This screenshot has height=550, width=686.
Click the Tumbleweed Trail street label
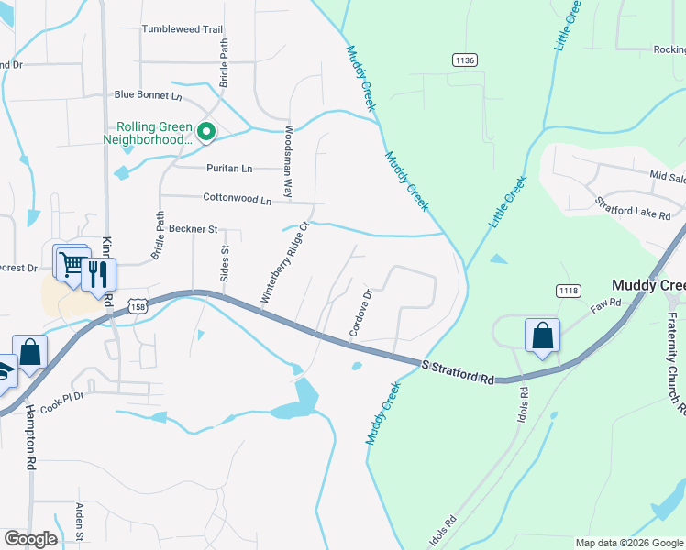(183, 29)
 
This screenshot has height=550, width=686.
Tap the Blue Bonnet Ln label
(149, 95)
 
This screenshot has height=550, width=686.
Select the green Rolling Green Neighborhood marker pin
(206, 134)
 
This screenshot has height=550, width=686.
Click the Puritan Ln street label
(228, 169)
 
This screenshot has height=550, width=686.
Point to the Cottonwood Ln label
(238, 199)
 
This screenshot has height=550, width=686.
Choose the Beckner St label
(193, 229)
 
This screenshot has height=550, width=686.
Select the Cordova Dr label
(359, 313)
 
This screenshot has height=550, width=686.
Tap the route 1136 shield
(465, 60)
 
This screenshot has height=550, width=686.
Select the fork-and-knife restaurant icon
(98, 274)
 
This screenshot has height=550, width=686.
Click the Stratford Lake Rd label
(633, 209)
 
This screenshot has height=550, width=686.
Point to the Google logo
(30, 539)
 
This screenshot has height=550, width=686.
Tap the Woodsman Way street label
(288, 163)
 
